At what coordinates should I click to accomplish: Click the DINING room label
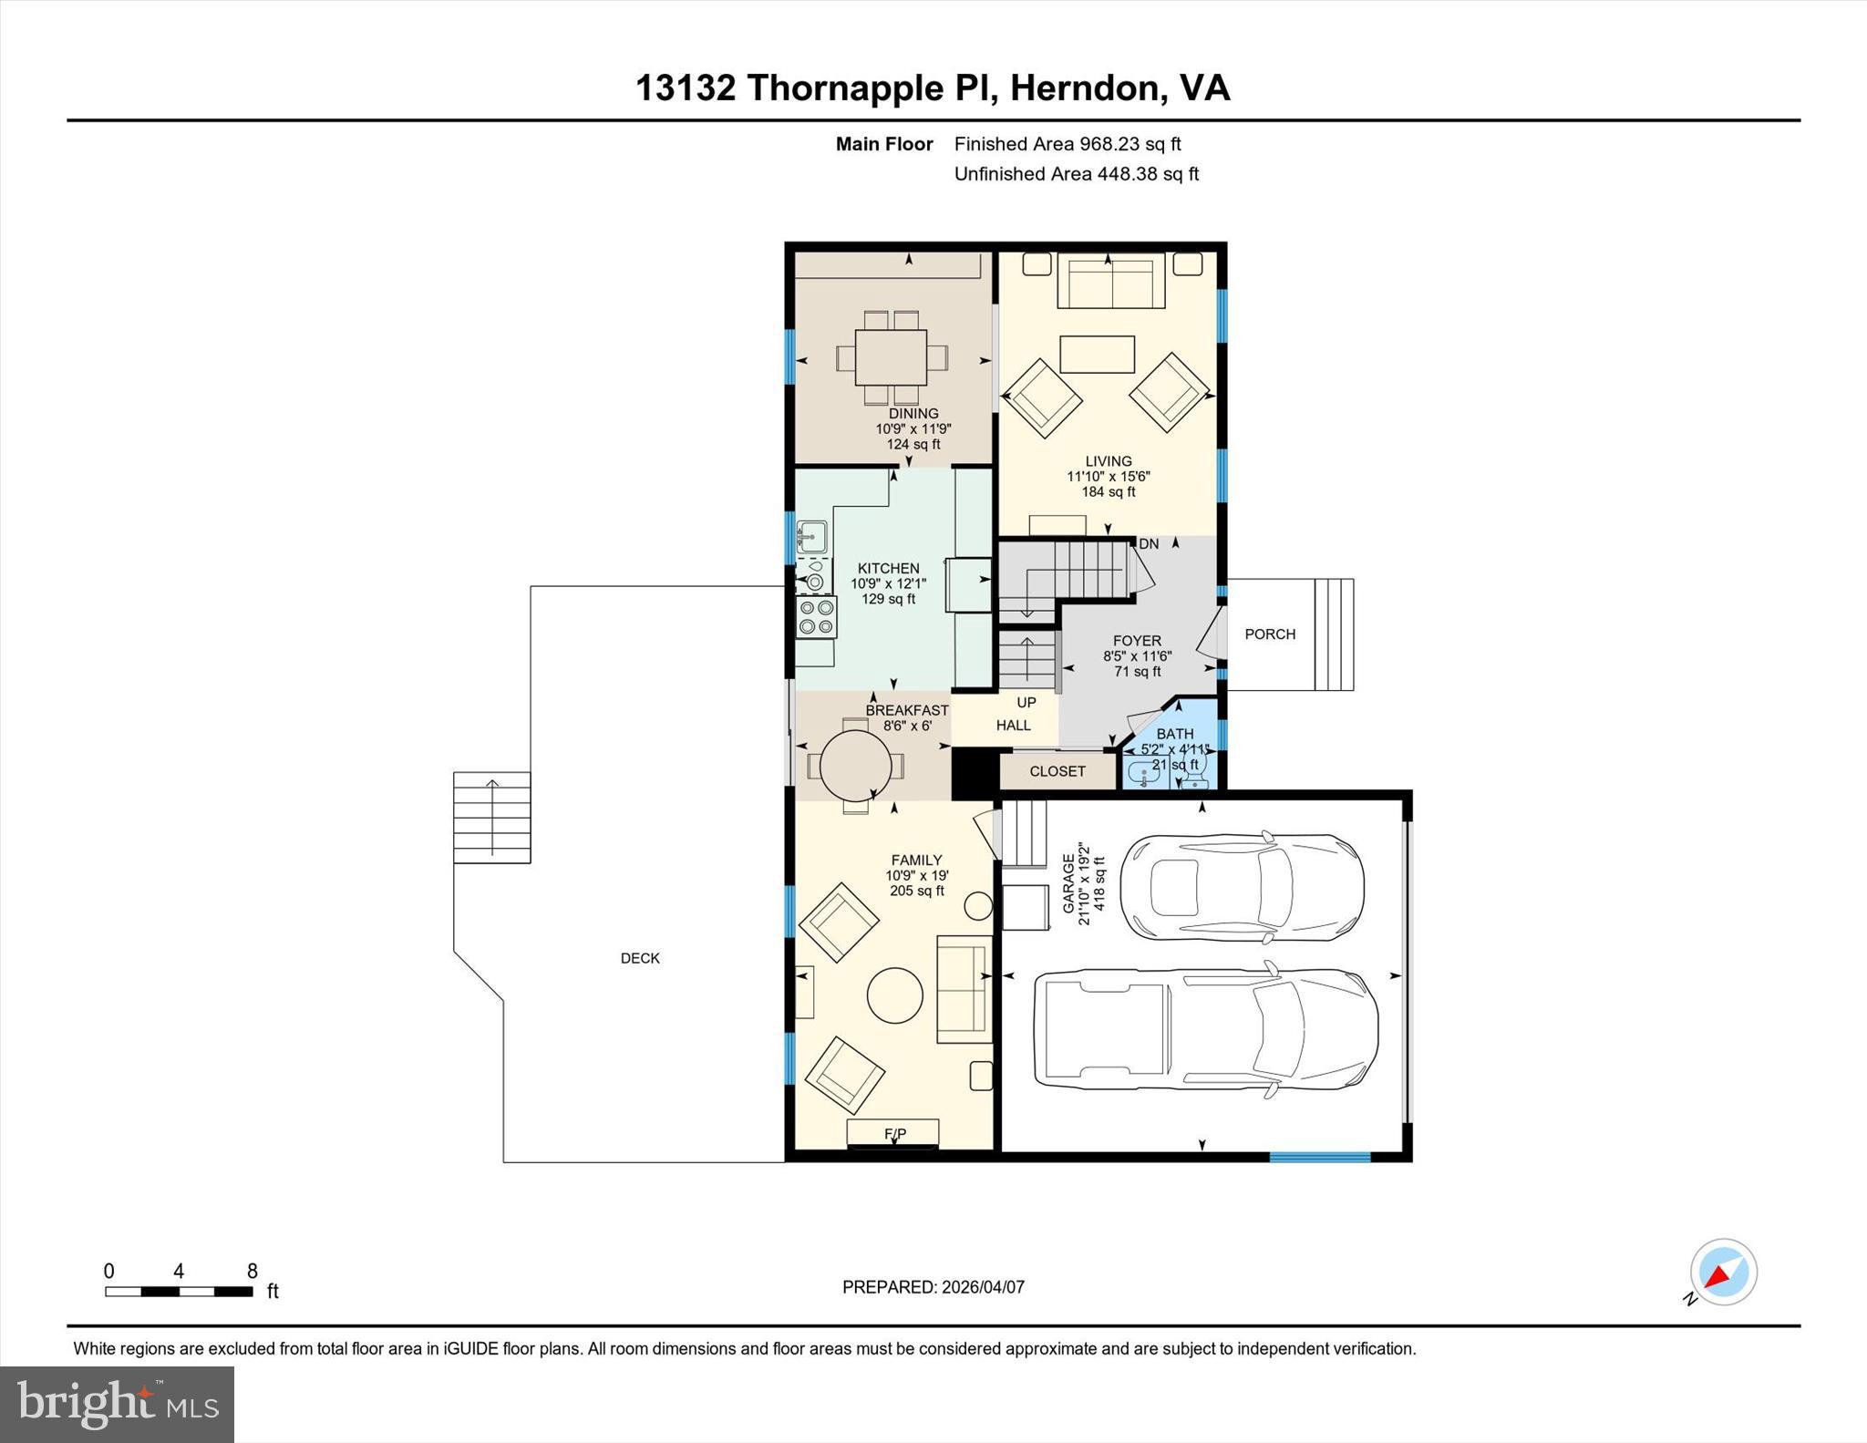pyautogui.click(x=913, y=413)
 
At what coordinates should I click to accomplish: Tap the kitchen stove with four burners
pyautogui.click(x=816, y=617)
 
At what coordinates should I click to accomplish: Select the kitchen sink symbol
pyautogui.click(x=811, y=537)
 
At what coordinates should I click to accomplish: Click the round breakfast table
pyautogui.click(x=855, y=765)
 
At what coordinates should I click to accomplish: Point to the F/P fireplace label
pyautogui.click(x=894, y=1134)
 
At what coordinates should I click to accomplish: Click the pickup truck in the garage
pyautogui.click(x=1204, y=1030)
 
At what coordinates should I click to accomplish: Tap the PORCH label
pyautogui.click(x=1270, y=634)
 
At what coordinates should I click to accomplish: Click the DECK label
pyautogui.click(x=640, y=958)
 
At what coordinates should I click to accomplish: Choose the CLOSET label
pyautogui.click(x=1057, y=771)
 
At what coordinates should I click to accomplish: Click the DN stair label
pyautogui.click(x=1149, y=544)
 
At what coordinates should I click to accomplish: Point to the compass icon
pyautogui.click(x=1722, y=1273)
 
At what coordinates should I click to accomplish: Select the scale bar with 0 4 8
pyautogui.click(x=179, y=1291)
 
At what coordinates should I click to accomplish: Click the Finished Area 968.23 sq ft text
pyautogui.click(x=1067, y=144)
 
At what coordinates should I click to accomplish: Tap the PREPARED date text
pyautogui.click(x=933, y=1287)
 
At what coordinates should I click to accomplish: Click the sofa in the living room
pyautogui.click(x=1110, y=281)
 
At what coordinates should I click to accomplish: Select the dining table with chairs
pyautogui.click(x=891, y=357)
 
